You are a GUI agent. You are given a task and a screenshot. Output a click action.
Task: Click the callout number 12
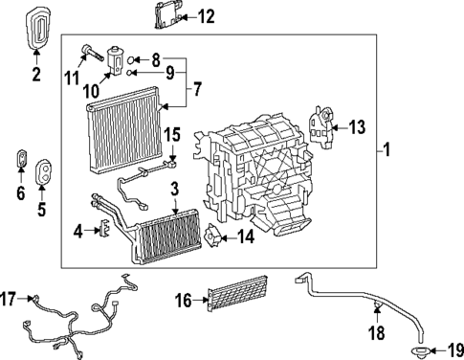pyautogui.click(x=206, y=16)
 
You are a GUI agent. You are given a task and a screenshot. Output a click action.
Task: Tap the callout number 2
pyautogui.click(x=36, y=73)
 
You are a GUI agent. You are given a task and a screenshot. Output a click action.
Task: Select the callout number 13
pyautogui.click(x=357, y=127)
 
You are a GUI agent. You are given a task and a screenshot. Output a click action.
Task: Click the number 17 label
pyautogui.click(x=11, y=299)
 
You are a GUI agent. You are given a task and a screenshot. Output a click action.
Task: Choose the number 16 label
pyautogui.click(x=186, y=301)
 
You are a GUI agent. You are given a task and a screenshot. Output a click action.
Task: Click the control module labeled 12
pyautogui.click(x=163, y=15)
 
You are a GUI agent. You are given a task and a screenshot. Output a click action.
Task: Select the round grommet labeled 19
pyautogui.click(x=421, y=349)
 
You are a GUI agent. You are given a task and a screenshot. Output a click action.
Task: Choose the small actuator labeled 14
pyautogui.click(x=214, y=233)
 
